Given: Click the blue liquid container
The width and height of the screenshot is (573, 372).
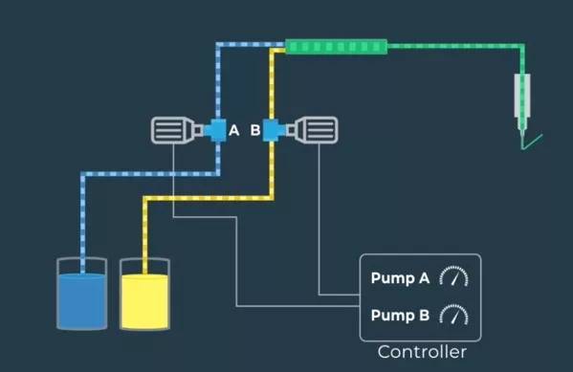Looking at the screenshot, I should coord(82,293).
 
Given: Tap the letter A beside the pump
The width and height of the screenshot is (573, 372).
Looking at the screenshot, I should coord(233,130).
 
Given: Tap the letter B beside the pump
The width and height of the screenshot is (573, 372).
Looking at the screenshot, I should coord(255,130).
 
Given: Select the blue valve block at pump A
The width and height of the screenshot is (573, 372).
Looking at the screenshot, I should coord(215,129).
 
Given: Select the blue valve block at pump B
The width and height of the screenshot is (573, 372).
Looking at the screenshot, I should coord(274,129).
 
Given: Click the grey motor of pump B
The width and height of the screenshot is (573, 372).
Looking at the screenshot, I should coord(317,130).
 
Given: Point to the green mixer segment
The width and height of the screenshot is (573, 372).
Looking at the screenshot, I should coord(336,45).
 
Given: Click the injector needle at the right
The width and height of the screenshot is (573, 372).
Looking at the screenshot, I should coord(522,103).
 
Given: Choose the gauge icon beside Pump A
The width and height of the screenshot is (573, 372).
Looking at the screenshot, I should coord(454,278).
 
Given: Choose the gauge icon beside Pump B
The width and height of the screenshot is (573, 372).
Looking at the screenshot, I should coord(454,314).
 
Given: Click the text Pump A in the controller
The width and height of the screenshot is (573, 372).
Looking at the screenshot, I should coord(400,279).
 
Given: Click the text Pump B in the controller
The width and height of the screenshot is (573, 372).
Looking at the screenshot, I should coord(400,314).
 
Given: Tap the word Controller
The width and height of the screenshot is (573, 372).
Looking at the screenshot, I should coord(422,352).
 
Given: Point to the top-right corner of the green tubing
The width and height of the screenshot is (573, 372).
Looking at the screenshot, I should coord(521,45).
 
